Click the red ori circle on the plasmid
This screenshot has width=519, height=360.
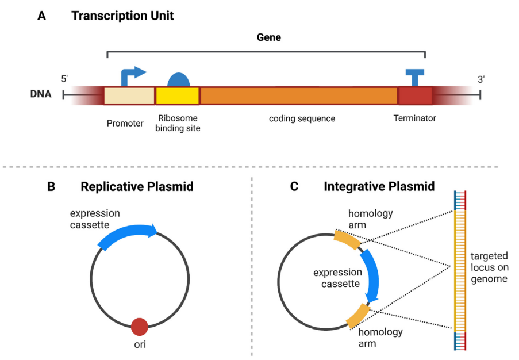point(140,327)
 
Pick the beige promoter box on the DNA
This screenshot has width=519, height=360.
point(129,95)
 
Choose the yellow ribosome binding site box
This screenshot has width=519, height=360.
point(178,95)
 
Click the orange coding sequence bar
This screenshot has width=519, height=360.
point(299,95)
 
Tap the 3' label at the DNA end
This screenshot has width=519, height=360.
point(481,79)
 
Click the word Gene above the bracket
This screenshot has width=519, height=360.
point(268,37)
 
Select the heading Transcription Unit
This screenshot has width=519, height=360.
point(122,16)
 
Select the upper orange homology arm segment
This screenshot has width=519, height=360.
point(347,239)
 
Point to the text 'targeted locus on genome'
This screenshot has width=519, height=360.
point(489,267)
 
